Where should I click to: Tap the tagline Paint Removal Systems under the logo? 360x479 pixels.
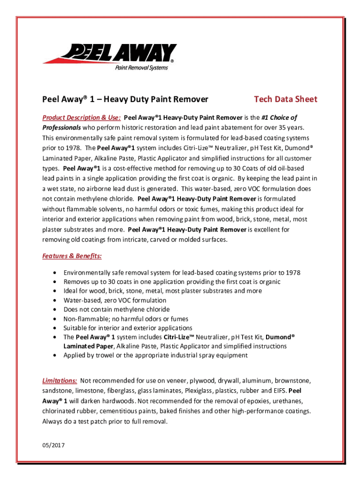(141, 68)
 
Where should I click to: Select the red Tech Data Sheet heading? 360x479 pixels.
(285, 99)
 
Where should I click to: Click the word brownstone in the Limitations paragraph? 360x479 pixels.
(292, 381)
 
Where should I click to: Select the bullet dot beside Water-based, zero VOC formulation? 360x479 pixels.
(56, 300)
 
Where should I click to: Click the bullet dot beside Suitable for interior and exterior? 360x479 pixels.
(56, 328)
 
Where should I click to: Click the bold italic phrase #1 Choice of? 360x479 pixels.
(279, 117)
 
